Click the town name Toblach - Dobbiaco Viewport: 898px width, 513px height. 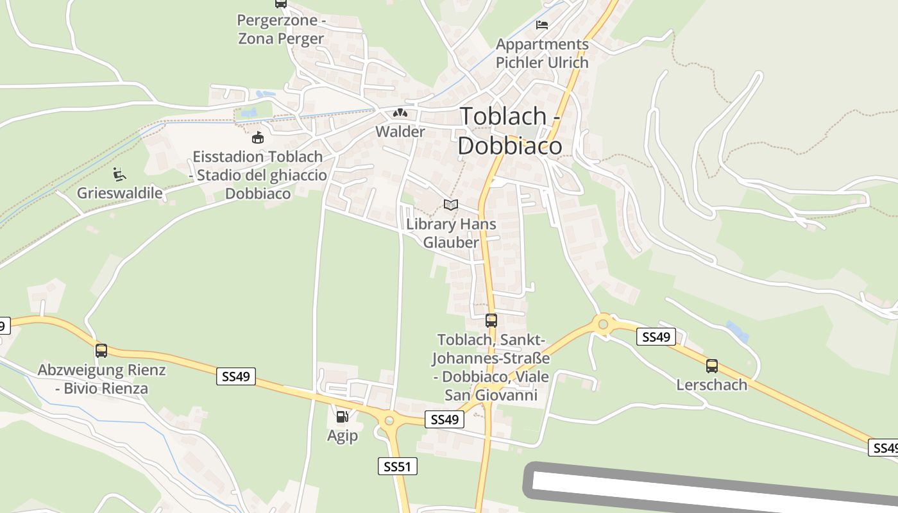[510, 131]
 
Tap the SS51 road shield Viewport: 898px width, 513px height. [397, 466]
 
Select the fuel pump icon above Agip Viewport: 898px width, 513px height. [343, 417]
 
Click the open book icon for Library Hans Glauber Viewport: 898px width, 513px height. [451, 205]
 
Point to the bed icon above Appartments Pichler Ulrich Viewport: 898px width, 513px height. [542, 25]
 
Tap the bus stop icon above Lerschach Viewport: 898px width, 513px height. [712, 366]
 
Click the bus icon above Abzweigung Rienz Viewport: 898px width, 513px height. [101, 351]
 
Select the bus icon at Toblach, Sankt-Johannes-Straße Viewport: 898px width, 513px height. [491, 320]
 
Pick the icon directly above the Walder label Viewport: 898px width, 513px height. [400, 114]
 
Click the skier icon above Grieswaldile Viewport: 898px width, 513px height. [119, 174]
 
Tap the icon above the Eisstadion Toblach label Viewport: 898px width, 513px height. [258, 137]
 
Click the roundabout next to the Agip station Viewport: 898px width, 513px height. [388, 421]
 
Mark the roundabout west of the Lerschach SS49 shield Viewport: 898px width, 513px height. [603, 324]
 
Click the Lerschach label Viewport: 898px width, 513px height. [712, 385]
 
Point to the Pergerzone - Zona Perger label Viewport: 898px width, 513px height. [281, 29]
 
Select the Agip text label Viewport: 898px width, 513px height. [343, 436]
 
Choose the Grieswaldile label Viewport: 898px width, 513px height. [120, 193]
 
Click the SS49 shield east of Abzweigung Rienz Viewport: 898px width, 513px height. [236, 376]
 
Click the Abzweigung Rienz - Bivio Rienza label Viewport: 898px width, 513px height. [102, 379]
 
